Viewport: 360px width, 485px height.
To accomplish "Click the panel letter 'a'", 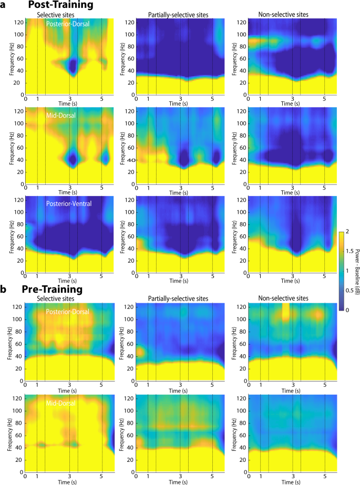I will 4,5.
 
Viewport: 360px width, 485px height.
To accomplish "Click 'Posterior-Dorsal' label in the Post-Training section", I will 69,24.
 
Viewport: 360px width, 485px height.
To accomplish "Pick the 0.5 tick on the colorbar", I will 348,291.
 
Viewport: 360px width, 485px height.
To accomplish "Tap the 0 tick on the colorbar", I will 348,311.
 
